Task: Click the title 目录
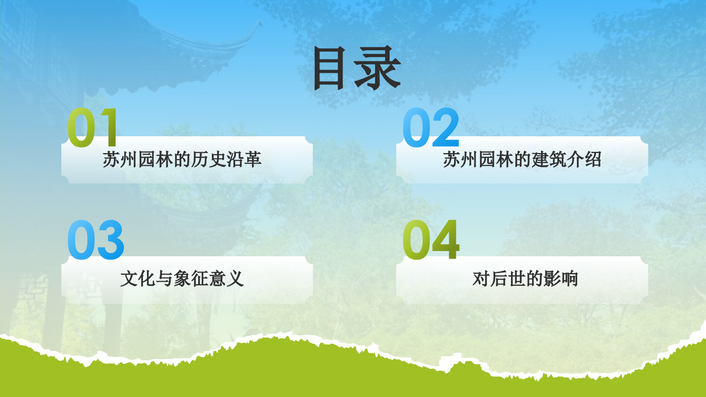[357, 68]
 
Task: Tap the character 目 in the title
[329, 68]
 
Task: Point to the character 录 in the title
[378, 68]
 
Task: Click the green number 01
[93, 127]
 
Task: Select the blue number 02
[431, 127]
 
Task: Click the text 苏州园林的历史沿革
[182, 160]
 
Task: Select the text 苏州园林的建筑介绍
[522, 160]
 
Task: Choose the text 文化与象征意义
[182, 279]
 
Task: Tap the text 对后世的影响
[525, 279]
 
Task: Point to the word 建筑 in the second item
[548, 160]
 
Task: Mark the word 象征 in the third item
[191, 279]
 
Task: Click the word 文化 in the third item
[138, 279]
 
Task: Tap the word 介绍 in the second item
[584, 160]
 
